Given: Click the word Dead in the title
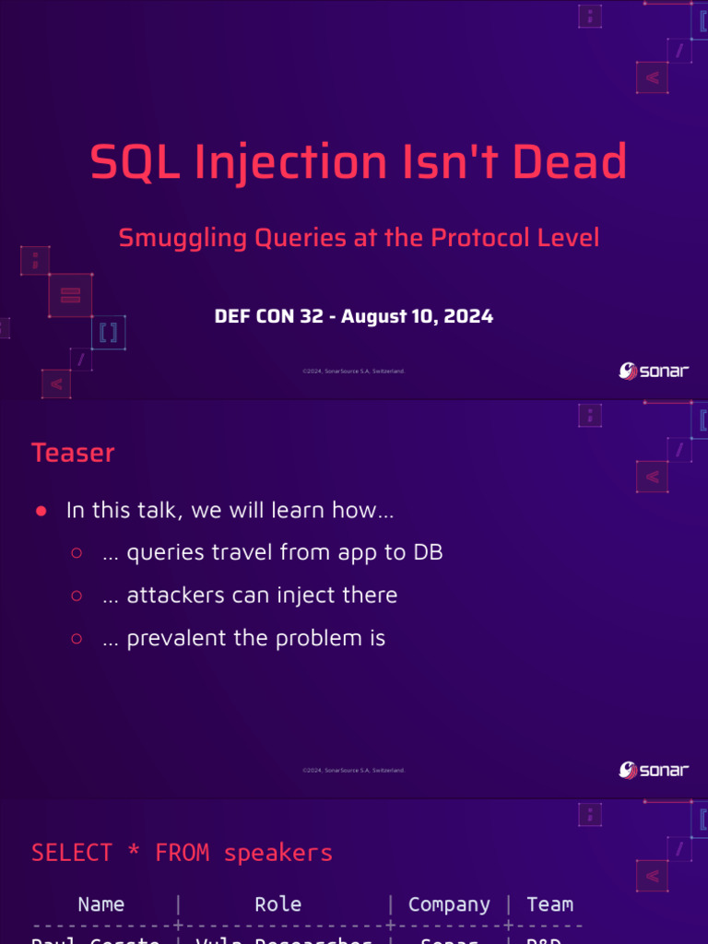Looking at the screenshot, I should click(570, 162).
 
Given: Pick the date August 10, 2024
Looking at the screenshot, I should click(418, 316).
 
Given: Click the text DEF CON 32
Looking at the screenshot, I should click(268, 316).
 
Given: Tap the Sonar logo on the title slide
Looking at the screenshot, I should click(653, 371).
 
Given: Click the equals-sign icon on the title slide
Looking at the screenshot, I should click(71, 295).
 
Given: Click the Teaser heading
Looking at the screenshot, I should click(73, 453).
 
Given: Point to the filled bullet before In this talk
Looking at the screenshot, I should click(41, 511).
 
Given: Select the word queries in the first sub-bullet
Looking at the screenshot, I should click(163, 553).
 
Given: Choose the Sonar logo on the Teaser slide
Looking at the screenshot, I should click(653, 770).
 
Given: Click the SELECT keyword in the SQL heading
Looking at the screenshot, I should click(72, 853).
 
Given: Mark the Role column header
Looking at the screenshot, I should click(277, 904).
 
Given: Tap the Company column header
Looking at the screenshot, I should click(449, 904).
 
